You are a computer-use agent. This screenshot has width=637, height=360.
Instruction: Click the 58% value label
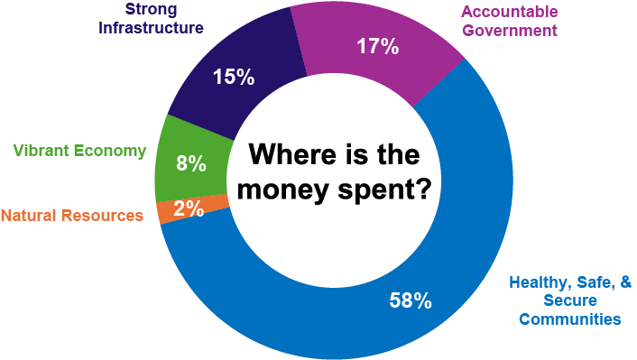click(410, 300)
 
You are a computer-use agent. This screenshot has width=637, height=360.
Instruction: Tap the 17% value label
click(376, 47)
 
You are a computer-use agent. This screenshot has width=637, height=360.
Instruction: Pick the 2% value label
click(188, 209)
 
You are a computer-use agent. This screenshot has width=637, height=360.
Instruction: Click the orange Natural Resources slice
click(168, 212)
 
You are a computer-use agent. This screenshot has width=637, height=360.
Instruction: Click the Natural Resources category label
click(71, 216)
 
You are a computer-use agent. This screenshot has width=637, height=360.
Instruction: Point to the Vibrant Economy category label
click(79, 151)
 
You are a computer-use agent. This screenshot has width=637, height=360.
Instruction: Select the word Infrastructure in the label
click(152, 28)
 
